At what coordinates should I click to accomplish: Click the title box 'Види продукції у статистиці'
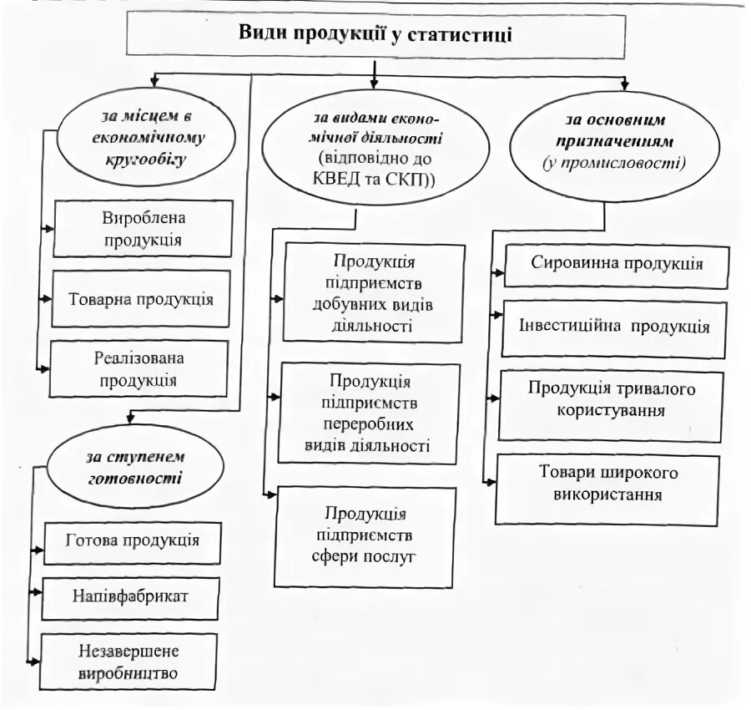[375, 36]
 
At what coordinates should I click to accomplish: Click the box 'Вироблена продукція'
[143, 229]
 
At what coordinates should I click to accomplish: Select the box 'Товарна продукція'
[141, 298]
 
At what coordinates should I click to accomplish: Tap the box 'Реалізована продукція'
[139, 368]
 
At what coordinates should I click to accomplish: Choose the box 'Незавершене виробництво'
[129, 662]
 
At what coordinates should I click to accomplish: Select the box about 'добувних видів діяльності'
[373, 292]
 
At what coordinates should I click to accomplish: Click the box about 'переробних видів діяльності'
[370, 413]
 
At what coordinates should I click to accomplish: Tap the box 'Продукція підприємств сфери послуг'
[365, 535]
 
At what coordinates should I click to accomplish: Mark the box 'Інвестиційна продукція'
[614, 326]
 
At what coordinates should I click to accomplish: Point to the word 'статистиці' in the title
[463, 33]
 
